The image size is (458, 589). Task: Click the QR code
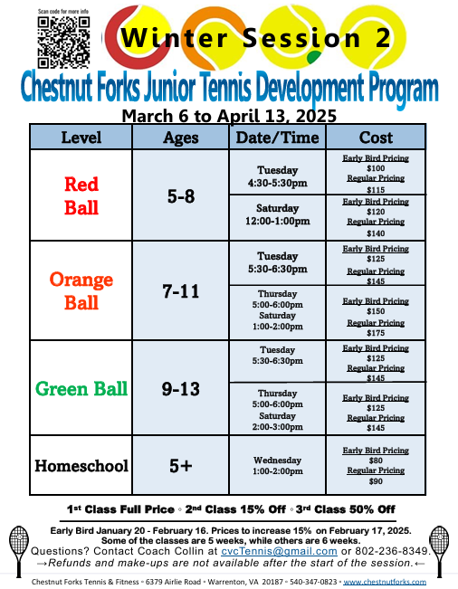[63, 42]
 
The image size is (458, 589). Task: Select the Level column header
[81, 138]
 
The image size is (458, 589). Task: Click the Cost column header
[376, 138]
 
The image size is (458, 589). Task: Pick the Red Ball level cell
[81, 195]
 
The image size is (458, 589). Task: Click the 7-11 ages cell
[181, 291]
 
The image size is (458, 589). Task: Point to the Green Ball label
[81, 388]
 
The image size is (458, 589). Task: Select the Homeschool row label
[81, 466]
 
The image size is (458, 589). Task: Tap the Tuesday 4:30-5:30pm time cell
[277, 176]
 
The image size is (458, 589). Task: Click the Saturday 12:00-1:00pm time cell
[277, 214]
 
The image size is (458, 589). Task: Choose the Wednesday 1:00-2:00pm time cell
[277, 465]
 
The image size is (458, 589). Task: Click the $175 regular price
[376, 333]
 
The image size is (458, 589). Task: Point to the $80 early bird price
[376, 461]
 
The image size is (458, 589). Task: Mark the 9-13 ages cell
[181, 388]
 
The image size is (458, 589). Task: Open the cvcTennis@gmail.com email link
[279, 551]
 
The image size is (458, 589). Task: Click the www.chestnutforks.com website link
[385, 582]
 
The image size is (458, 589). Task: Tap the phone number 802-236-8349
[393, 551]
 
